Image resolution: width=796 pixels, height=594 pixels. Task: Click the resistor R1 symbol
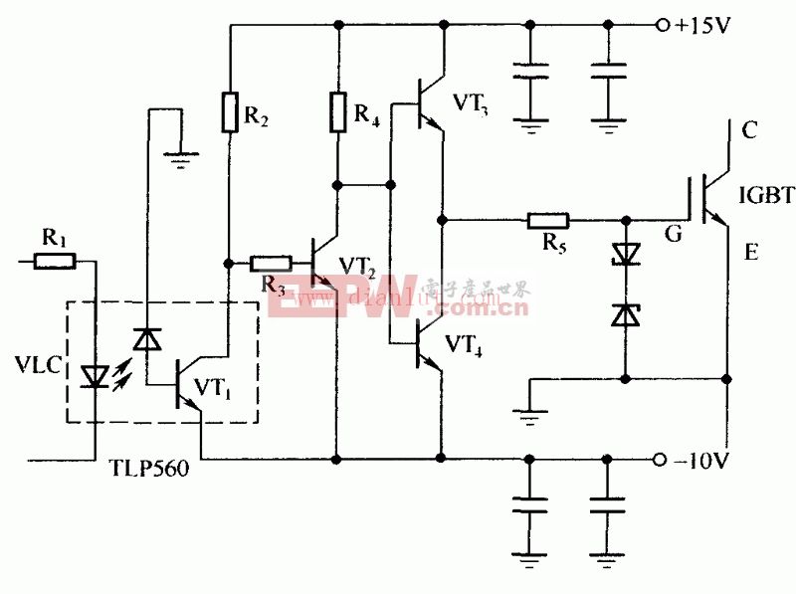click(55, 262)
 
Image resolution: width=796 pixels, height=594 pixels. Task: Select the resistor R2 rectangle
click(229, 111)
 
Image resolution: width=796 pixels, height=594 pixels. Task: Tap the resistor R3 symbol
click(270, 263)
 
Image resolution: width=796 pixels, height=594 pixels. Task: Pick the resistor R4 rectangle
click(339, 111)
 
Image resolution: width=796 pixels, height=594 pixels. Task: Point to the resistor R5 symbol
click(548, 219)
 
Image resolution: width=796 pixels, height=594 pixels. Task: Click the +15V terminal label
click(702, 26)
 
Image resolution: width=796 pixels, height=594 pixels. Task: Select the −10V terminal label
click(702, 460)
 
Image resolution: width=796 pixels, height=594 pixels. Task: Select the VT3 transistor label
click(471, 102)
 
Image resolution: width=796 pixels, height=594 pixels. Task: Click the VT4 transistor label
click(466, 345)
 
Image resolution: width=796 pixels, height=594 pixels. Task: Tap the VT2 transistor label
click(357, 265)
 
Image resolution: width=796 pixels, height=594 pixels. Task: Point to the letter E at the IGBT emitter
click(750, 253)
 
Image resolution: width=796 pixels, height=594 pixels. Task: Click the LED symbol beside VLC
click(97, 377)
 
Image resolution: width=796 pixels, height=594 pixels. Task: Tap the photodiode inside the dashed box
click(148, 340)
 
